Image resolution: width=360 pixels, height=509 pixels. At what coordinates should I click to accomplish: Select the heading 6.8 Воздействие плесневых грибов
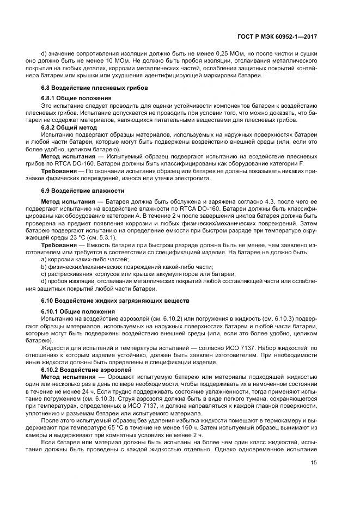tap(95, 88)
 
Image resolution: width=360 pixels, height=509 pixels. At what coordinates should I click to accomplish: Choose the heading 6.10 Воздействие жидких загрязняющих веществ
tap(115, 301)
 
